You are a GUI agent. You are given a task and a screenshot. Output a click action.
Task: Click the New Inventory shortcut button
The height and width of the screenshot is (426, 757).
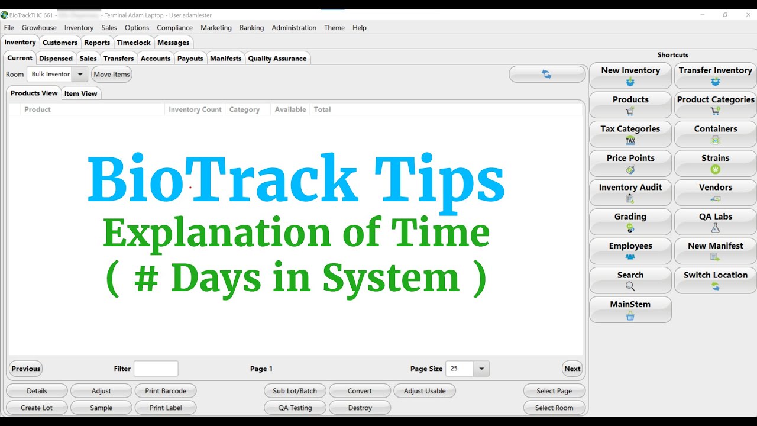click(630, 76)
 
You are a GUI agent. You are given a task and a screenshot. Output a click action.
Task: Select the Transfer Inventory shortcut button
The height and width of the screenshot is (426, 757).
click(715, 76)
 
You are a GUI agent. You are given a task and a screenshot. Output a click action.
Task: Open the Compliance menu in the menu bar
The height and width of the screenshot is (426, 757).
click(174, 28)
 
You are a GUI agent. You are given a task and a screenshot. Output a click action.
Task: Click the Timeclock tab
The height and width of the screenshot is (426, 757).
click(134, 43)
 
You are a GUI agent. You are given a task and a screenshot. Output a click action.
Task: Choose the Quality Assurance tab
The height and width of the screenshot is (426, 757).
click(277, 59)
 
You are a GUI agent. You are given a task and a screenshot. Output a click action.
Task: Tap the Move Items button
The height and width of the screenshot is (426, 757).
click(111, 75)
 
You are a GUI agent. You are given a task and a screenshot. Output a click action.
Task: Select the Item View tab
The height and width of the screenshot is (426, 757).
click(80, 93)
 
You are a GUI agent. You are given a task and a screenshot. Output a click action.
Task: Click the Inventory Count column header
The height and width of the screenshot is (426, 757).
click(195, 109)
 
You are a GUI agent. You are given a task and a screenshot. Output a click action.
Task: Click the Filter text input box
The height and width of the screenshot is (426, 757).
click(156, 369)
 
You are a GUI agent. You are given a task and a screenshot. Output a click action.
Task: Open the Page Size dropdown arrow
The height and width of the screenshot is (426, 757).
click(481, 369)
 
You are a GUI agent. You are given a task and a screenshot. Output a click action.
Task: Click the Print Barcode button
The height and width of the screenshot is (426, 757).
click(166, 391)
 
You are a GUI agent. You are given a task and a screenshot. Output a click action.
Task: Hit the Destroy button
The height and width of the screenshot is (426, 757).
click(360, 408)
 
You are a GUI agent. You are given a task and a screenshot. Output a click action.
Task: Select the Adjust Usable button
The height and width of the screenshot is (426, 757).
click(425, 391)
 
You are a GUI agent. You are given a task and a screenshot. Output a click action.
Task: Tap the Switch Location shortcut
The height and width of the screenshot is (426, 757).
click(715, 280)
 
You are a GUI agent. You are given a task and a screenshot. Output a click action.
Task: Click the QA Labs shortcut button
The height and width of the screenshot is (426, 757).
click(715, 222)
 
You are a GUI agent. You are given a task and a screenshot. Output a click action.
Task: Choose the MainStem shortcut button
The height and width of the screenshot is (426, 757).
click(630, 309)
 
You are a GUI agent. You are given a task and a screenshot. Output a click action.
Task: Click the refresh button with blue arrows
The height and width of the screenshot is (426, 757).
click(546, 75)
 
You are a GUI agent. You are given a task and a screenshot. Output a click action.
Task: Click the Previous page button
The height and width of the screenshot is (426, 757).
click(25, 369)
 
